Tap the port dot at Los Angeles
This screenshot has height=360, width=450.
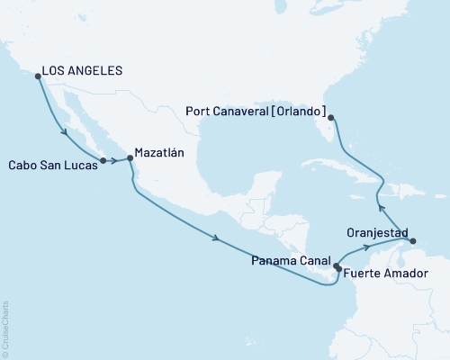click(38, 76)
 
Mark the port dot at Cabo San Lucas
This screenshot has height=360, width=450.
click(103, 161)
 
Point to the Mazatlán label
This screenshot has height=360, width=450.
click(159, 153)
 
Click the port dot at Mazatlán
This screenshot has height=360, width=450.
click(130, 158)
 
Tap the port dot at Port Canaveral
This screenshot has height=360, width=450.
click(331, 118)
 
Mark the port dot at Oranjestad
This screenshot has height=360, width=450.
click(410, 241)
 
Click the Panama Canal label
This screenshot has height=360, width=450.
click(291, 260)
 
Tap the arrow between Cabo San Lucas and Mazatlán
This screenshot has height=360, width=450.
click(116, 162)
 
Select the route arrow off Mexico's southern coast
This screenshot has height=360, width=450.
click(217, 238)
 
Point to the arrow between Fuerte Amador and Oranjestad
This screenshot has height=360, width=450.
click(366, 246)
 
